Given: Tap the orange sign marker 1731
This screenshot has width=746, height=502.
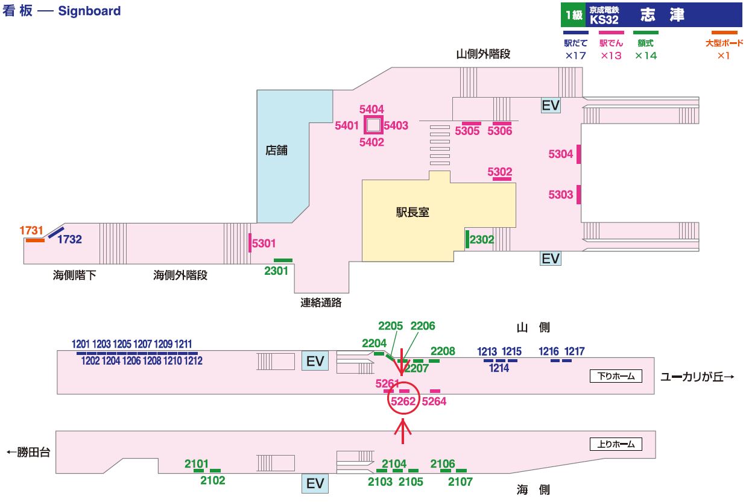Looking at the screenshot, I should pos(35,240).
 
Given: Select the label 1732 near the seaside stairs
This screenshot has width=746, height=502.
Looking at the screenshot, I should pos(69,239).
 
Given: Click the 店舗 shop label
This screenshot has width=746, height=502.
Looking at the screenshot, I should pos(277,151).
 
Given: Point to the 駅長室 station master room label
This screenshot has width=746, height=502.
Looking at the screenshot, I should pos(413,212).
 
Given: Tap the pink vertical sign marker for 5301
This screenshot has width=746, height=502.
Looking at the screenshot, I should pos(250,243).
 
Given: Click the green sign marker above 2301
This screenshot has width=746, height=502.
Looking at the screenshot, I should pos(283,260).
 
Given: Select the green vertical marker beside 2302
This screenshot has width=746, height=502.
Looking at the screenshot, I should pos(467,239).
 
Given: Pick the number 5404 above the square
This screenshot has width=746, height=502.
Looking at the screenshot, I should pos(371,109).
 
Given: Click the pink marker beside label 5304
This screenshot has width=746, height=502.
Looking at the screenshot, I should pos(578,154).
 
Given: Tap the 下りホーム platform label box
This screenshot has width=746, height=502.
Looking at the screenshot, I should pos(615,376).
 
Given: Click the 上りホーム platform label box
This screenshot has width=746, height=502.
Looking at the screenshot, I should pos(615,445).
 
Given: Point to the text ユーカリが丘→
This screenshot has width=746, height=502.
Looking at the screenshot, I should pos(697,377).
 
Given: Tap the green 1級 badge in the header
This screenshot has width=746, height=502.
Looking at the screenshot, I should pos(574,14).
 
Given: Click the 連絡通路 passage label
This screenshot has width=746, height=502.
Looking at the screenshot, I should pos(321,303).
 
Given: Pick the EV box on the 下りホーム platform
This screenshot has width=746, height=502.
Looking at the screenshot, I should pos(315,361).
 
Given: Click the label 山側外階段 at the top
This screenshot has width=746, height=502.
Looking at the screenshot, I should pos(483,54).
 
